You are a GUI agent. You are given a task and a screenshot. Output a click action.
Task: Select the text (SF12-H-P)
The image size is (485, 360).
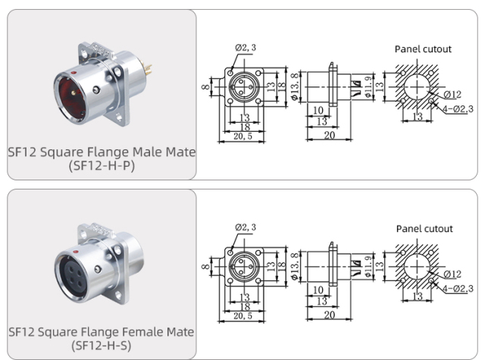[x=102, y=166]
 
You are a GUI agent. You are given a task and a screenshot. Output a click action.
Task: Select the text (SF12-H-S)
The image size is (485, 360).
[x=102, y=346]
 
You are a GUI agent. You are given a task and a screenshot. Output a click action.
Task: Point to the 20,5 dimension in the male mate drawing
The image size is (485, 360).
[x=243, y=136]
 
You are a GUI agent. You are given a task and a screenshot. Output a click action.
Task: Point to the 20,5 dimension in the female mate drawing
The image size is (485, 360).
[x=243, y=315]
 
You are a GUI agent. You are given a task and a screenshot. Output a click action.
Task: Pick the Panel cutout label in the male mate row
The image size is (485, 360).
[x=423, y=49]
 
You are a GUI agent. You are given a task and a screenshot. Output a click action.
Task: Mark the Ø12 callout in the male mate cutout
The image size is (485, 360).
[x=452, y=94]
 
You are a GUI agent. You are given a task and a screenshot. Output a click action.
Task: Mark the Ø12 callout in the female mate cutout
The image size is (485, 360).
[x=452, y=274]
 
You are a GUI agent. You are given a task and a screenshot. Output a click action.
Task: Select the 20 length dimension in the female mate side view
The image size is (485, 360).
[x=330, y=315]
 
